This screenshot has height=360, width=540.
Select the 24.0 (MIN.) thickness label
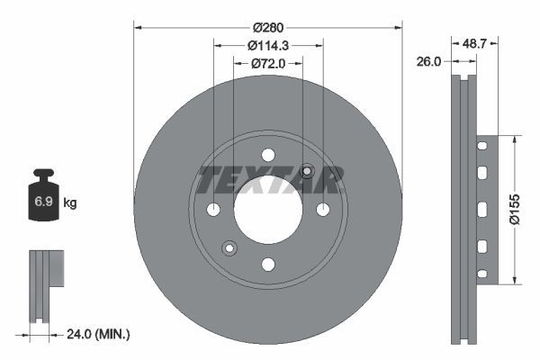click(x=98, y=334)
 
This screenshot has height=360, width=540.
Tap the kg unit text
click(x=70, y=203)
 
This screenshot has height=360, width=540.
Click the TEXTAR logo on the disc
click(x=268, y=180)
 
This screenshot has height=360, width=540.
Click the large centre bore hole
click(x=267, y=210)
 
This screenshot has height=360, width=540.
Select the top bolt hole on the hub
click(x=267, y=155)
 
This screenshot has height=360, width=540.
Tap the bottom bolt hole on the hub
click(x=267, y=265)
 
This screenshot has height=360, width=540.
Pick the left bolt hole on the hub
click(x=213, y=210)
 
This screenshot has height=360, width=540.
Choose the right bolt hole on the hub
click(x=322, y=210)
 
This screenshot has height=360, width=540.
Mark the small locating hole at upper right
click(x=307, y=171)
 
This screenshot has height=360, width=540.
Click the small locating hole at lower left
click(x=229, y=248)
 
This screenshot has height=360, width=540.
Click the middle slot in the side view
click(x=482, y=209)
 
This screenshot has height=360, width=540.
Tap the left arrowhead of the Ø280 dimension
click(x=137, y=26)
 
